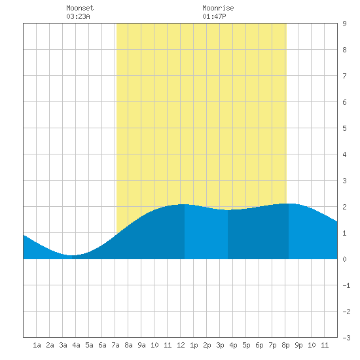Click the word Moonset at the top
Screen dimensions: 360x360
pos(80,8)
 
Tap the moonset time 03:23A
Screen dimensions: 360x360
pos(78,16)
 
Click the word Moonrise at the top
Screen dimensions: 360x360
pos(218,8)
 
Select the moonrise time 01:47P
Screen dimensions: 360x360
pos(214,16)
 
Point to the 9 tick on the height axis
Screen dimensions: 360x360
pos(344,24)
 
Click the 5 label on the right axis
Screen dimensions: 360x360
pos(344,128)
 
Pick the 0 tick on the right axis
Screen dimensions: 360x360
pos(344,259)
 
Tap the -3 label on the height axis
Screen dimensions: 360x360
pos(346,338)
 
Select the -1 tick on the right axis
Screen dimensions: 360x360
pos(346,285)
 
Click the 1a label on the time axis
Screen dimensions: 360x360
pos(37,345)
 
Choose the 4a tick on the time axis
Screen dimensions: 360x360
pos(76,345)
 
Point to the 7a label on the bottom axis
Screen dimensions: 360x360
pos(115,345)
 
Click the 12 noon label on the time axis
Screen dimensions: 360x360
pos(181,345)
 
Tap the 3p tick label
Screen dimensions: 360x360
pos(220,345)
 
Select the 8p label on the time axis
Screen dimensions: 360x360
pos(285,345)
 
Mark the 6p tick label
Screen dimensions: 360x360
pos(259,345)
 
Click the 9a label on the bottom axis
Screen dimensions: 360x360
pos(141,345)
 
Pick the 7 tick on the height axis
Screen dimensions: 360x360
pos(344,76)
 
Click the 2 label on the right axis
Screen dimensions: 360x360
pos(344,207)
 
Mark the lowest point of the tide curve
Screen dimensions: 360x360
pos(71,255)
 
